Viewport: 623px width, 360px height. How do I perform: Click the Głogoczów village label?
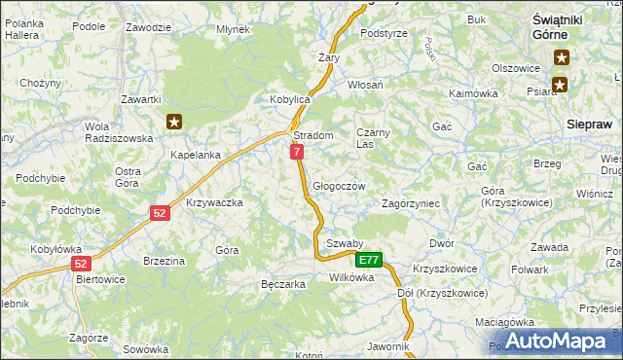[x=339, y=186]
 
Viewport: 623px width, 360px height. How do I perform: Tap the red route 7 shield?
[x=297, y=152]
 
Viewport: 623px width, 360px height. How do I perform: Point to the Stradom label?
[x=313, y=135]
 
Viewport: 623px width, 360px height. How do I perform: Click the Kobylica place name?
[x=289, y=100]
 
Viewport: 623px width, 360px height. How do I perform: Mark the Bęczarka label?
[x=284, y=284]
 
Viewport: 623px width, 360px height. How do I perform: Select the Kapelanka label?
[x=196, y=155]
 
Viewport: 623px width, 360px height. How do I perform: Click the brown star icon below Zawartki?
[x=174, y=122]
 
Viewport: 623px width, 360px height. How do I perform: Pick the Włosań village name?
[x=365, y=86]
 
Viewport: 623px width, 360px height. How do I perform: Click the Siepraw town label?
[x=589, y=125]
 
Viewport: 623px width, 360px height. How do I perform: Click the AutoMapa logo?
[x=556, y=341]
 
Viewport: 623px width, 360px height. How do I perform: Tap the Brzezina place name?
[x=164, y=261]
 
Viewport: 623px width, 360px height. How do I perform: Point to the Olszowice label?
[x=516, y=68]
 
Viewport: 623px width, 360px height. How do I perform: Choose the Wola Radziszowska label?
[x=119, y=132]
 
